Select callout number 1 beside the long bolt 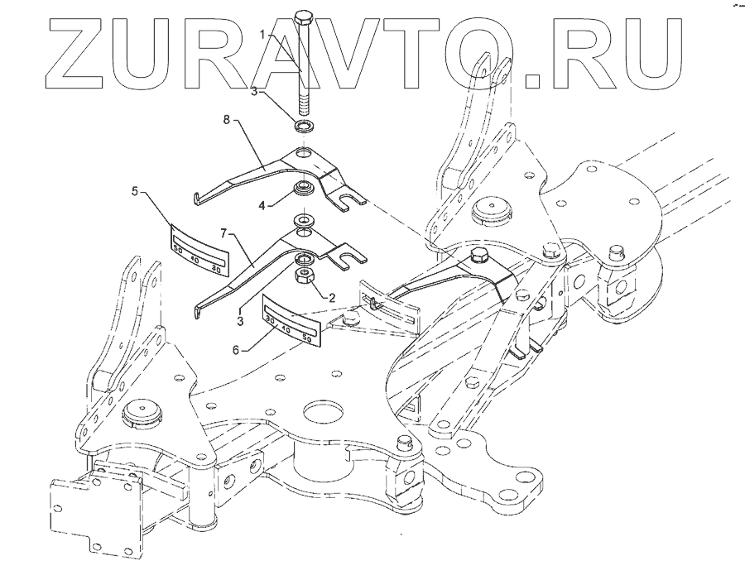pos(262,35)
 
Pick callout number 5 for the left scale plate pos(134,192)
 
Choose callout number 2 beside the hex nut pos(333,295)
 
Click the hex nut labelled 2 pos(305,274)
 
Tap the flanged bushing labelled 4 pos(303,187)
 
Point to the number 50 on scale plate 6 pos(306,338)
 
